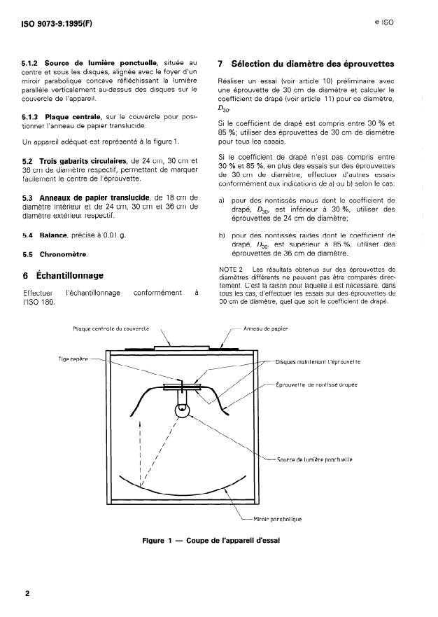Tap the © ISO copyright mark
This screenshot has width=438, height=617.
pyautogui.click(x=384, y=22)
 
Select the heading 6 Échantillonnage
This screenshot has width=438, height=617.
pyautogui.click(x=64, y=275)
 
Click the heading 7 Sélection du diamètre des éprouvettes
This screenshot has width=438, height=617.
pyautogui.click(x=307, y=64)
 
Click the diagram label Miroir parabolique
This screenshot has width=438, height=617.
pyautogui.click(x=278, y=519)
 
